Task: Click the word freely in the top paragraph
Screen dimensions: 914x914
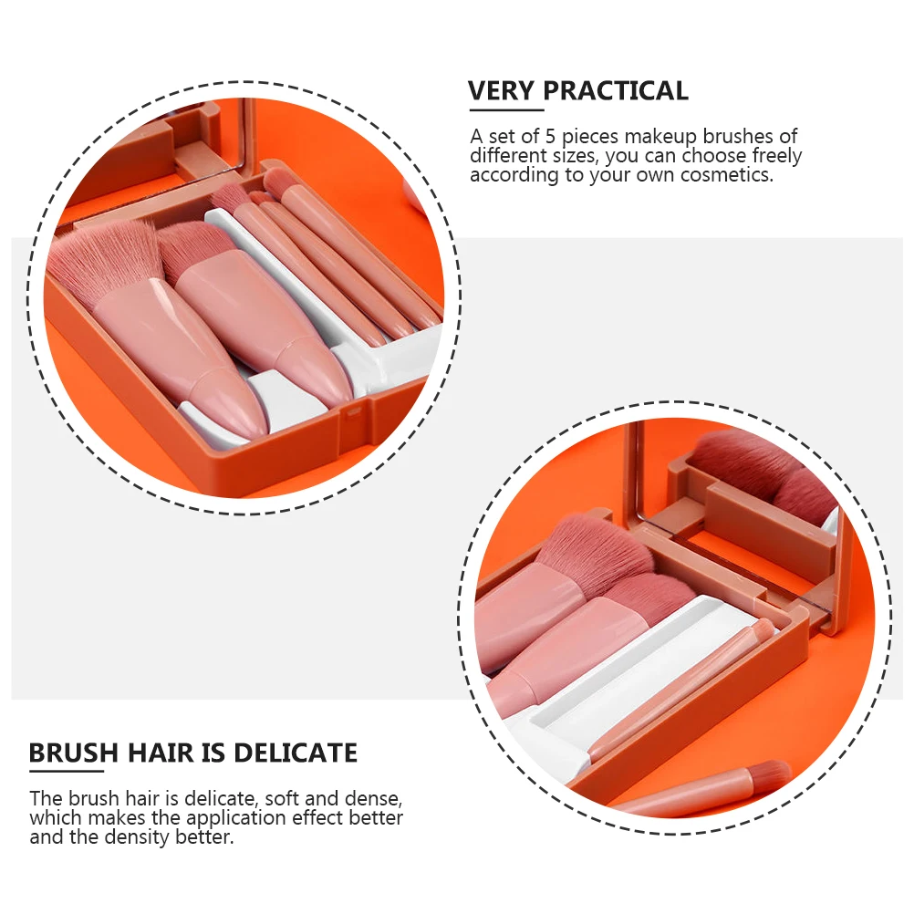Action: (x=776, y=156)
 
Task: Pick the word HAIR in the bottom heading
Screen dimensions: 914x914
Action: (x=158, y=753)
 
